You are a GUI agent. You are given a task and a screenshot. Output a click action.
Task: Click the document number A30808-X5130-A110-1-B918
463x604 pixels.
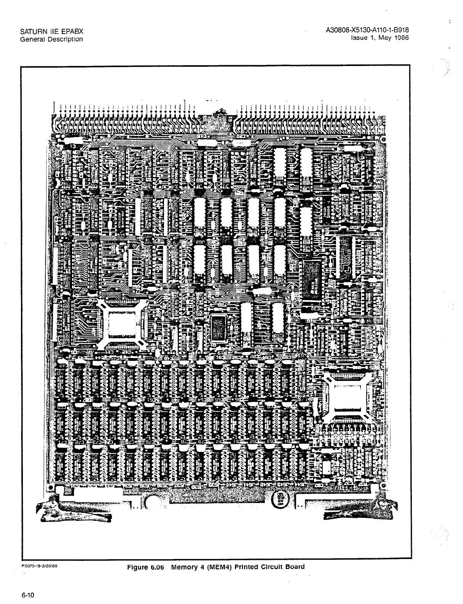(x=365, y=31)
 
